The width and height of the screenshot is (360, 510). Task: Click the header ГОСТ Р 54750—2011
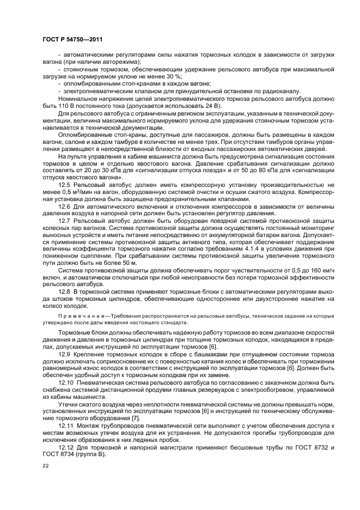click(72, 40)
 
